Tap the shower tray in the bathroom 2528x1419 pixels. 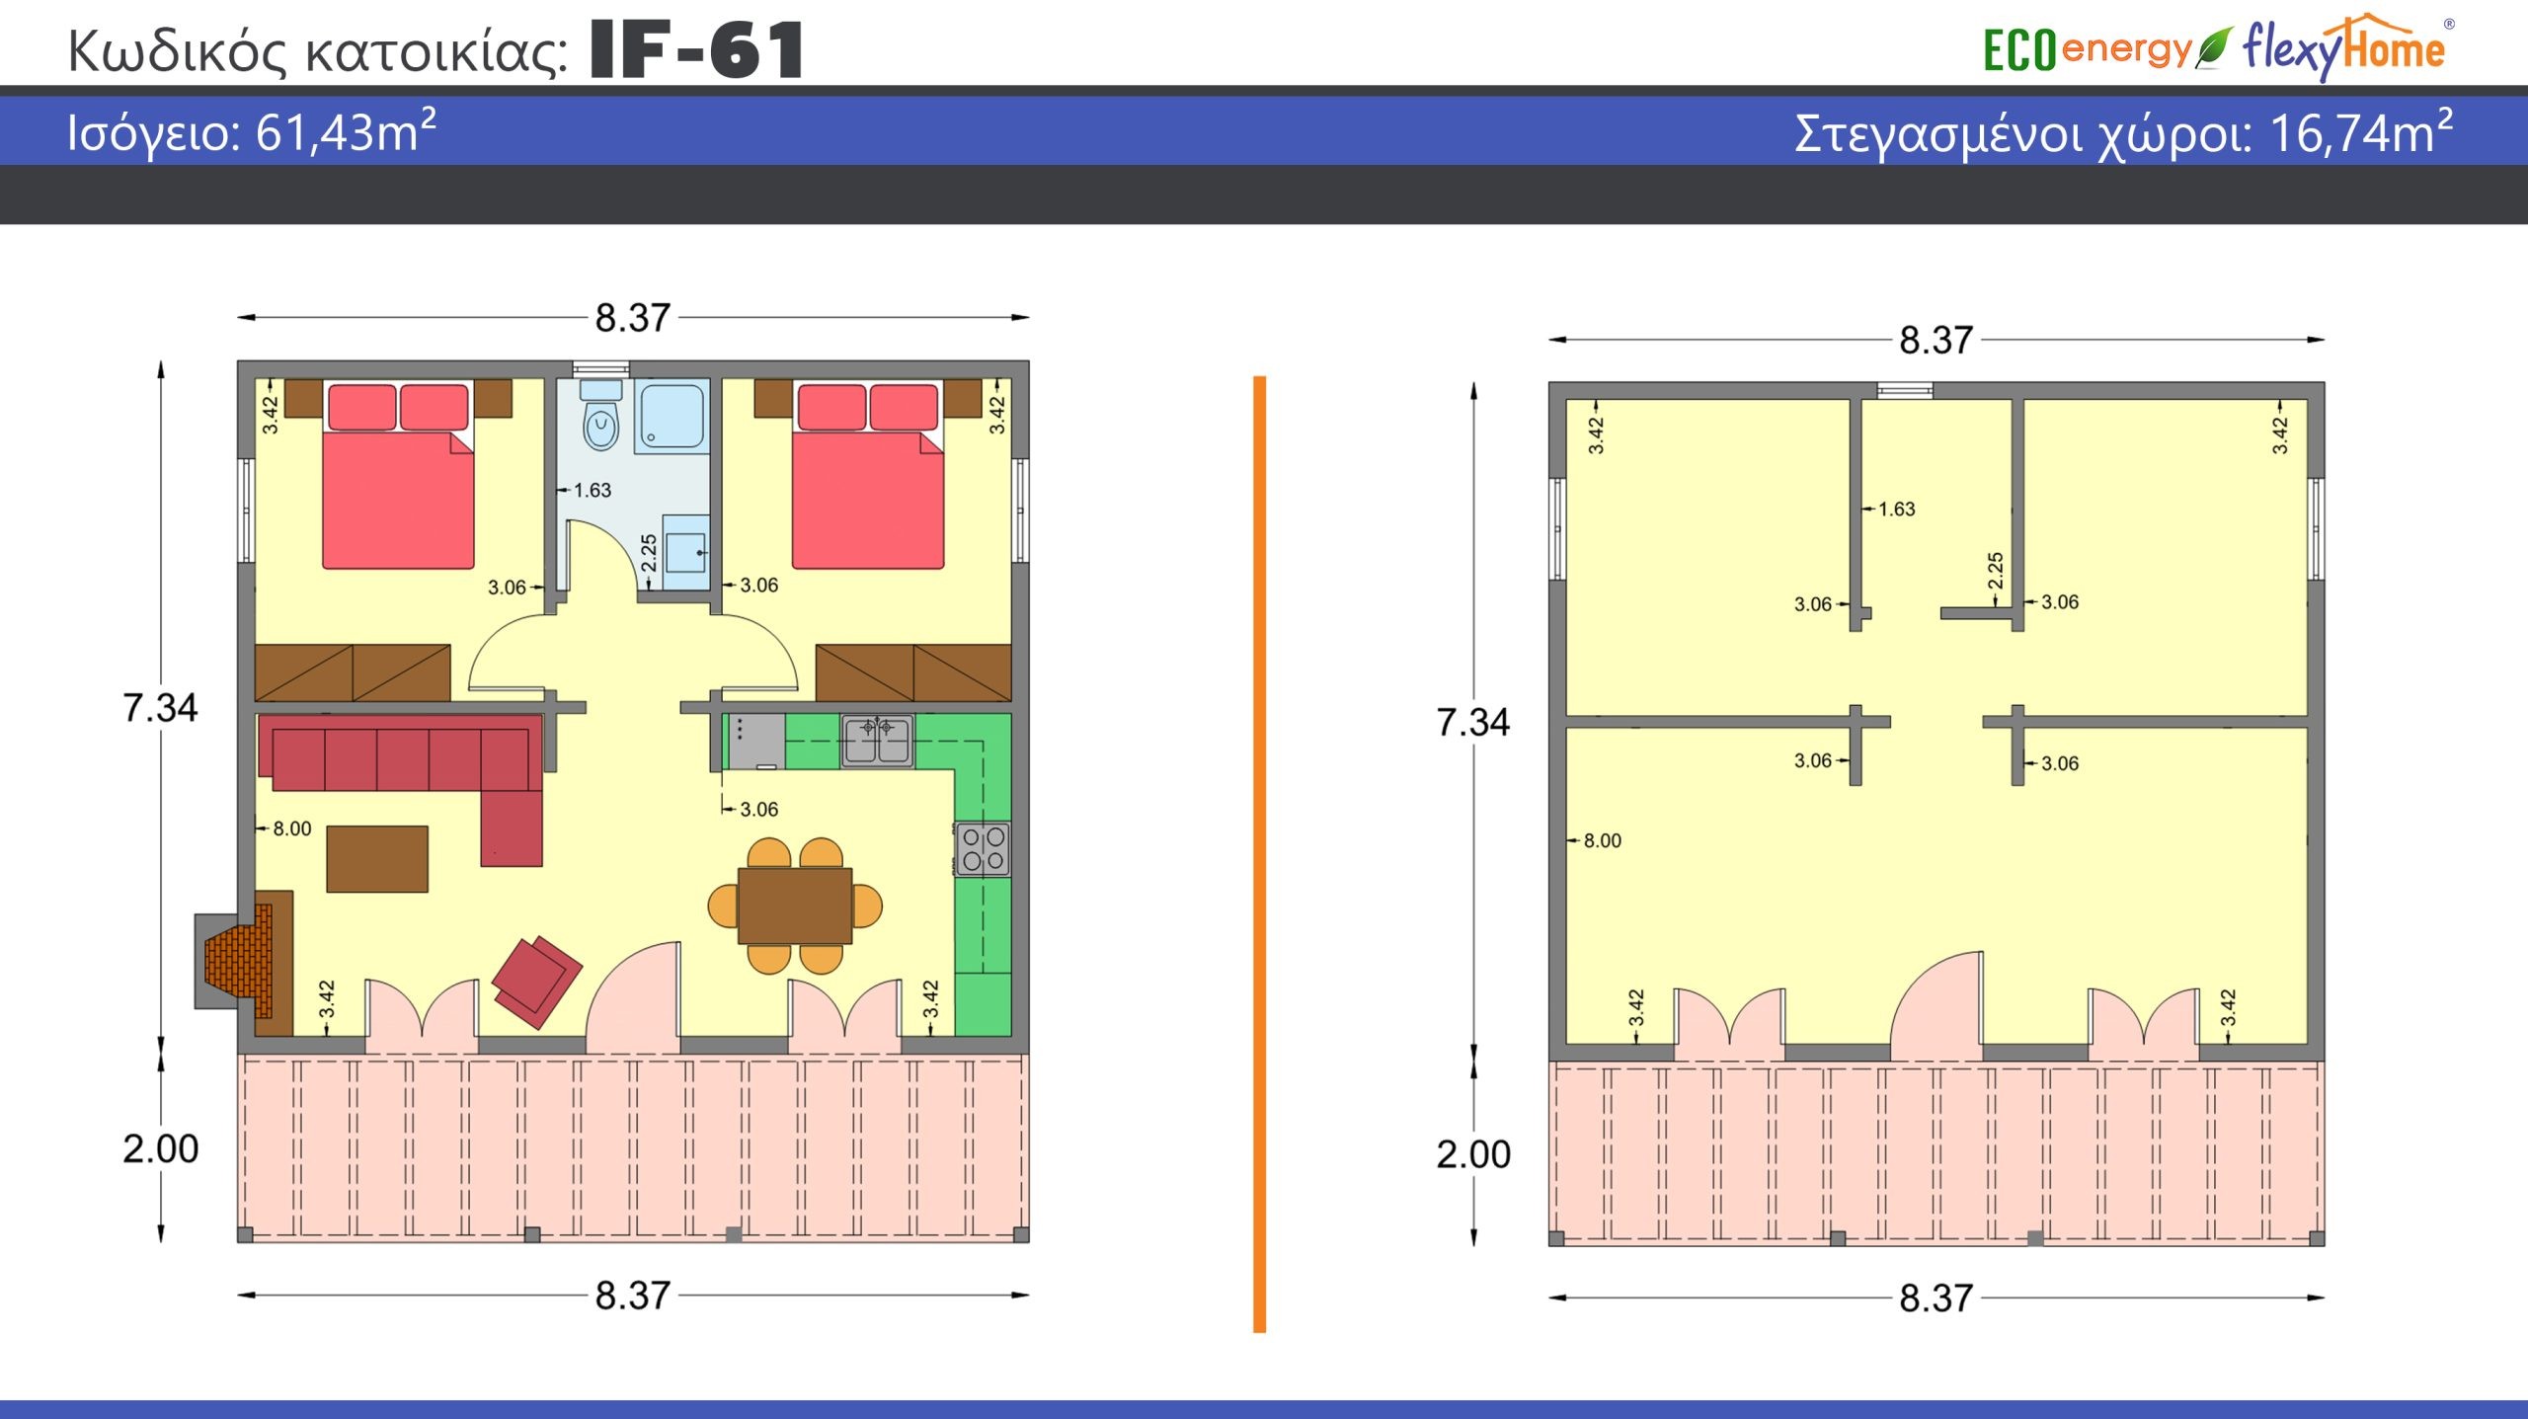(x=671, y=417)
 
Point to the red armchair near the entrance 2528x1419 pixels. (x=537, y=982)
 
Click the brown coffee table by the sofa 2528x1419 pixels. (x=377, y=858)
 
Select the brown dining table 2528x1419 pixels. (x=795, y=906)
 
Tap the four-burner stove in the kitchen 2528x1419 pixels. (x=983, y=849)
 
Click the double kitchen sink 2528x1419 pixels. (x=877, y=741)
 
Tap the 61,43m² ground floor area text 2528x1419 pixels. (x=346, y=131)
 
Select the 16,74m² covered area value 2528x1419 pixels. (x=2361, y=132)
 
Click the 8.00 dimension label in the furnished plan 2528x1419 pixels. (x=292, y=828)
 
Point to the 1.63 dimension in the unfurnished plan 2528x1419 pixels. (x=1896, y=509)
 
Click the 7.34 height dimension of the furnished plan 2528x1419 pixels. (x=160, y=707)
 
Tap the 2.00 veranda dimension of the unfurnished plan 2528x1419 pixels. (x=1473, y=1153)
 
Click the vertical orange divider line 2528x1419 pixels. (x=1259, y=854)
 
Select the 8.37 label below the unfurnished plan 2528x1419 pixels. (x=1935, y=1298)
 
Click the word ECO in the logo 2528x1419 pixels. (x=2020, y=50)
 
